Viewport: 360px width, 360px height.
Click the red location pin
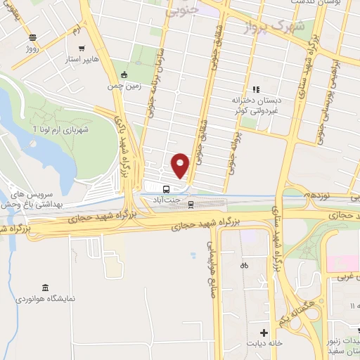181,165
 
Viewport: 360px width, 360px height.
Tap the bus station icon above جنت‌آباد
166,189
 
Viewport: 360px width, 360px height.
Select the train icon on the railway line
191,204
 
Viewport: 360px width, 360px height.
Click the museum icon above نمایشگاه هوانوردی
45,288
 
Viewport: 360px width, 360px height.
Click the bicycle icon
243,266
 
